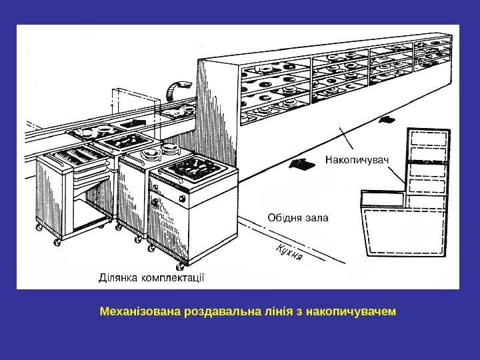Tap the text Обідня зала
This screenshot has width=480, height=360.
pyautogui.click(x=297, y=217)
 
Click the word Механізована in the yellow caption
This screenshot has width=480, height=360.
pyautogui.click(x=140, y=311)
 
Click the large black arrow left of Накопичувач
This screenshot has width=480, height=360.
pyautogui.click(x=303, y=163)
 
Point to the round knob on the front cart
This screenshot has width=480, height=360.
pyautogui.click(x=155, y=201)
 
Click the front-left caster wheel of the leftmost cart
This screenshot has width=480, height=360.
pyautogui.click(x=57, y=243)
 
